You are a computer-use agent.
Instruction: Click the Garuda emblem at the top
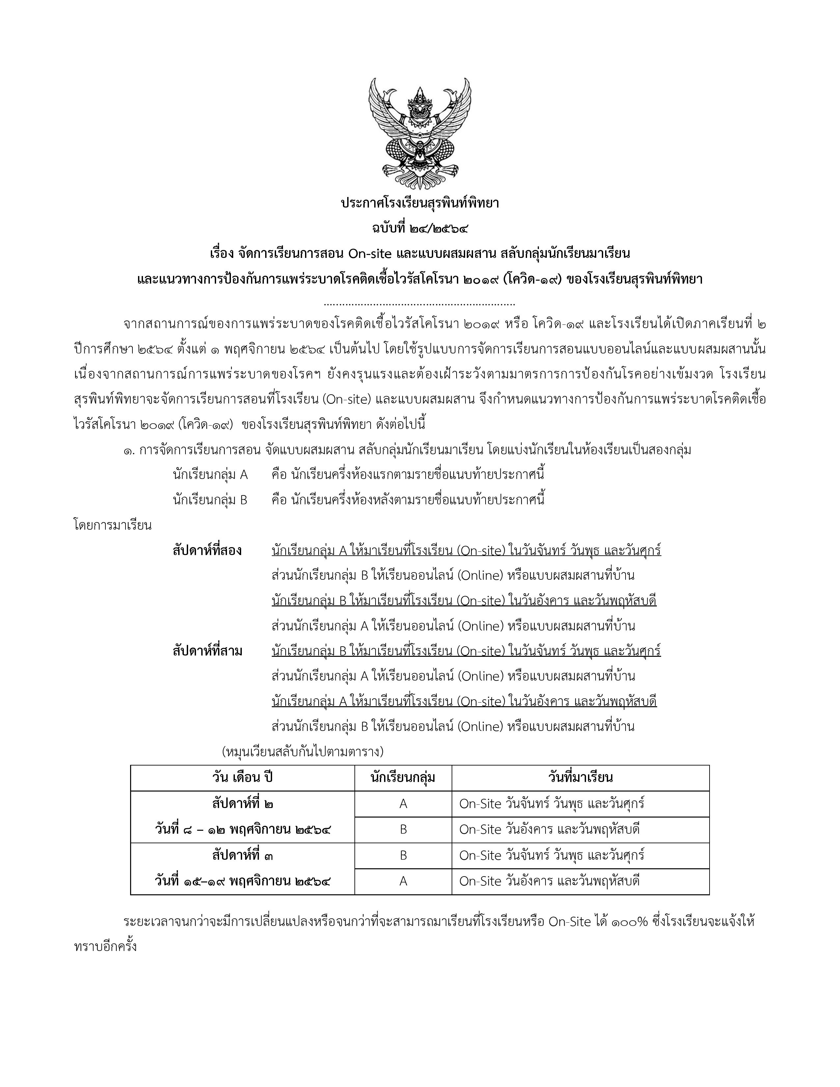419,133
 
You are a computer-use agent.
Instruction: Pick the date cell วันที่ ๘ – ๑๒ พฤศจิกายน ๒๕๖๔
242,830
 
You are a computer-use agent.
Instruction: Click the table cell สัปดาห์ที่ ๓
242,855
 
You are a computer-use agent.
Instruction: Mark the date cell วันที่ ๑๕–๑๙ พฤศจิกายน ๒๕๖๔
242,881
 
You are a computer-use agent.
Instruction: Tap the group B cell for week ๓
403,855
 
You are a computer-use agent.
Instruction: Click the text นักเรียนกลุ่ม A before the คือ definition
210,474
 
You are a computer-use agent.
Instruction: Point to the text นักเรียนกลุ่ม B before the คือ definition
210,500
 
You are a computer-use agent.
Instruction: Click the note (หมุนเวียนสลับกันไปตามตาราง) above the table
302,751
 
